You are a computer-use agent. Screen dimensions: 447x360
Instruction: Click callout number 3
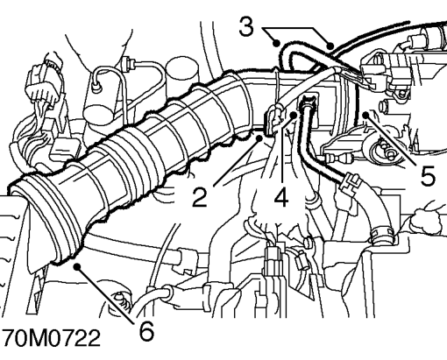pos(246,27)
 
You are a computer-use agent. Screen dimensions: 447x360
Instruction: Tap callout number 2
pos(200,197)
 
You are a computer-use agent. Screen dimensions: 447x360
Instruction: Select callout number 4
pos(281,197)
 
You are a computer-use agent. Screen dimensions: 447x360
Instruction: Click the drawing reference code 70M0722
pos(51,338)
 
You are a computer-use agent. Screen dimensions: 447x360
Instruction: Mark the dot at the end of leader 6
pos(77,266)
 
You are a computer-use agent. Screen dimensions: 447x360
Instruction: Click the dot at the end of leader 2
pos(259,138)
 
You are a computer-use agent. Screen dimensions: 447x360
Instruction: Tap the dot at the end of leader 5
pos(365,115)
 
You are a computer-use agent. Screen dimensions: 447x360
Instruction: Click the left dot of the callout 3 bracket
pos(276,44)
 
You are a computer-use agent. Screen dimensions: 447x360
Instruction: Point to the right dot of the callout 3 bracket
pos(330,46)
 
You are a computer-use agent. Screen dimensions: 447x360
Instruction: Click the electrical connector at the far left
pos(45,81)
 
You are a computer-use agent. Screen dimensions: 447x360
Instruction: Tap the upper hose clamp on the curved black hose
pos(350,182)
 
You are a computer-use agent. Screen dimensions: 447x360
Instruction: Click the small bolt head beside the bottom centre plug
pos(308,242)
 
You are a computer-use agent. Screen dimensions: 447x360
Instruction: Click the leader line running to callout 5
pos(391,139)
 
